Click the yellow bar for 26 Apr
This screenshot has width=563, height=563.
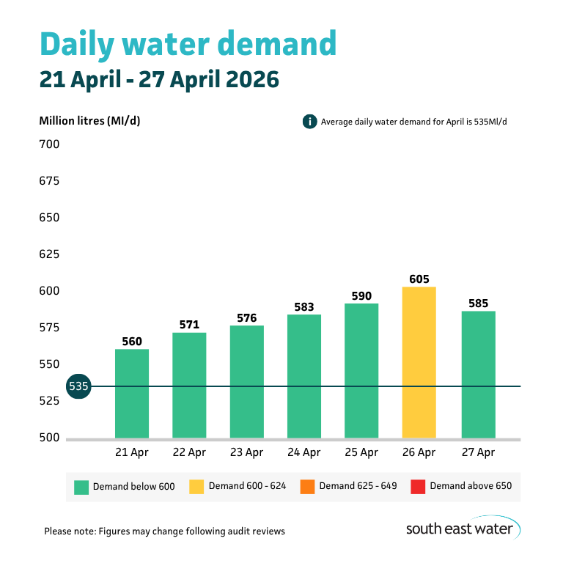419,362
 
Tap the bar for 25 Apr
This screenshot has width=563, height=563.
361,370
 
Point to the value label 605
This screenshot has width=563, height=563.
419,279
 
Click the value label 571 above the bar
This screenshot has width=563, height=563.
189,325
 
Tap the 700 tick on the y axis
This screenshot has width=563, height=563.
49,144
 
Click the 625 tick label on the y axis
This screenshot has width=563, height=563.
49,254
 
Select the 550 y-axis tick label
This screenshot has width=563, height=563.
49,364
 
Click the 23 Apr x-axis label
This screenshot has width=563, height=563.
246,453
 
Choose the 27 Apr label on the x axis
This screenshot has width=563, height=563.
476,453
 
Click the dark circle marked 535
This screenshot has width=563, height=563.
78,386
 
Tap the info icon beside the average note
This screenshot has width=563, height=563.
309,122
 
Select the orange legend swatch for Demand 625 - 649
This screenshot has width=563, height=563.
306,486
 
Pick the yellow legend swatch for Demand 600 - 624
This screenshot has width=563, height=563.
196,486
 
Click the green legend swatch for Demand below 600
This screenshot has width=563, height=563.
81,486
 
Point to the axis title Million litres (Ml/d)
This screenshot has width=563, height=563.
89,121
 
